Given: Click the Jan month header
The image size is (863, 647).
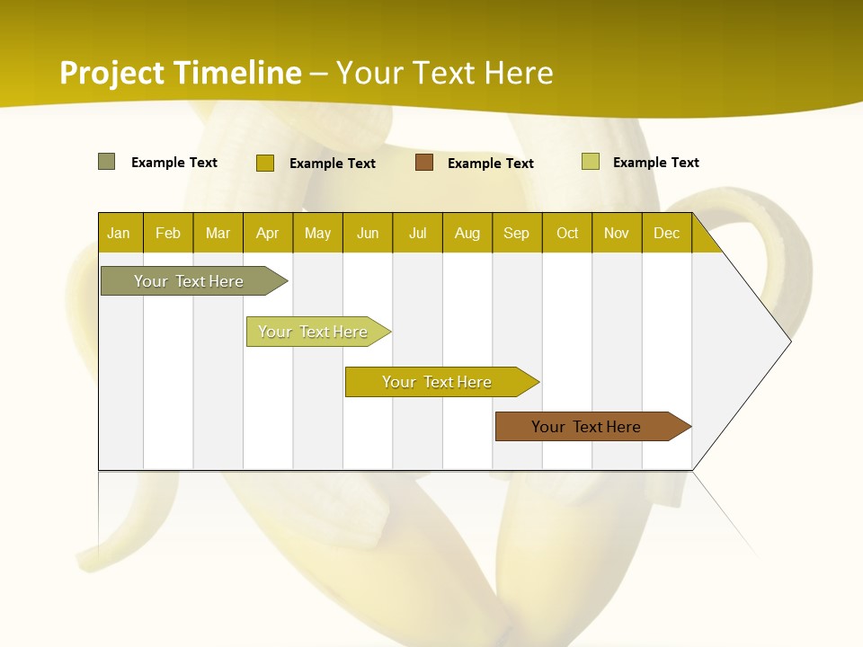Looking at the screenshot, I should [x=119, y=233].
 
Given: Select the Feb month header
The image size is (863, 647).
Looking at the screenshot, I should [x=168, y=233].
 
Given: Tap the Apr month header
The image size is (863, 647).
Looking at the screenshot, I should [x=267, y=233].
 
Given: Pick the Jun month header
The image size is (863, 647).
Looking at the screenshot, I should [x=368, y=233].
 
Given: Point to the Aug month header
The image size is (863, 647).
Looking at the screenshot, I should [x=467, y=233].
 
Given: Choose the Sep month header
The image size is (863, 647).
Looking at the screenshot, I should [x=516, y=233].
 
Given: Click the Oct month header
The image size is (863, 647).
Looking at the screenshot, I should [x=567, y=233].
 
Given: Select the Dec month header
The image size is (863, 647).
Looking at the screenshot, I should [x=666, y=233].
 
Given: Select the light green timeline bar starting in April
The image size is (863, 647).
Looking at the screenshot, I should [x=315, y=332].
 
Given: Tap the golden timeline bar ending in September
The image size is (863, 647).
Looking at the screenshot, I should [x=438, y=382].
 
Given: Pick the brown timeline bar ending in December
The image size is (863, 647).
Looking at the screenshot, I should [x=588, y=427].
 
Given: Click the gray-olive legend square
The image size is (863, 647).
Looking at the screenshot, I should [x=107, y=162].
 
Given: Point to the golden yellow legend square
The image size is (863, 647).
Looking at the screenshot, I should [x=265, y=163].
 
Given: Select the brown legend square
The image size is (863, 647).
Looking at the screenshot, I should [x=424, y=162].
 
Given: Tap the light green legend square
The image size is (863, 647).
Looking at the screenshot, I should [x=591, y=162].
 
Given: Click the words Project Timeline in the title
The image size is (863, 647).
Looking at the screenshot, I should [x=181, y=73].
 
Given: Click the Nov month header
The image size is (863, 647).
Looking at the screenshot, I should [x=617, y=233].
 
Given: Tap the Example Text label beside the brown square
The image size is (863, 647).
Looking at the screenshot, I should [x=491, y=163].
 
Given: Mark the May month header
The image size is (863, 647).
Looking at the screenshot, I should [x=317, y=233].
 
